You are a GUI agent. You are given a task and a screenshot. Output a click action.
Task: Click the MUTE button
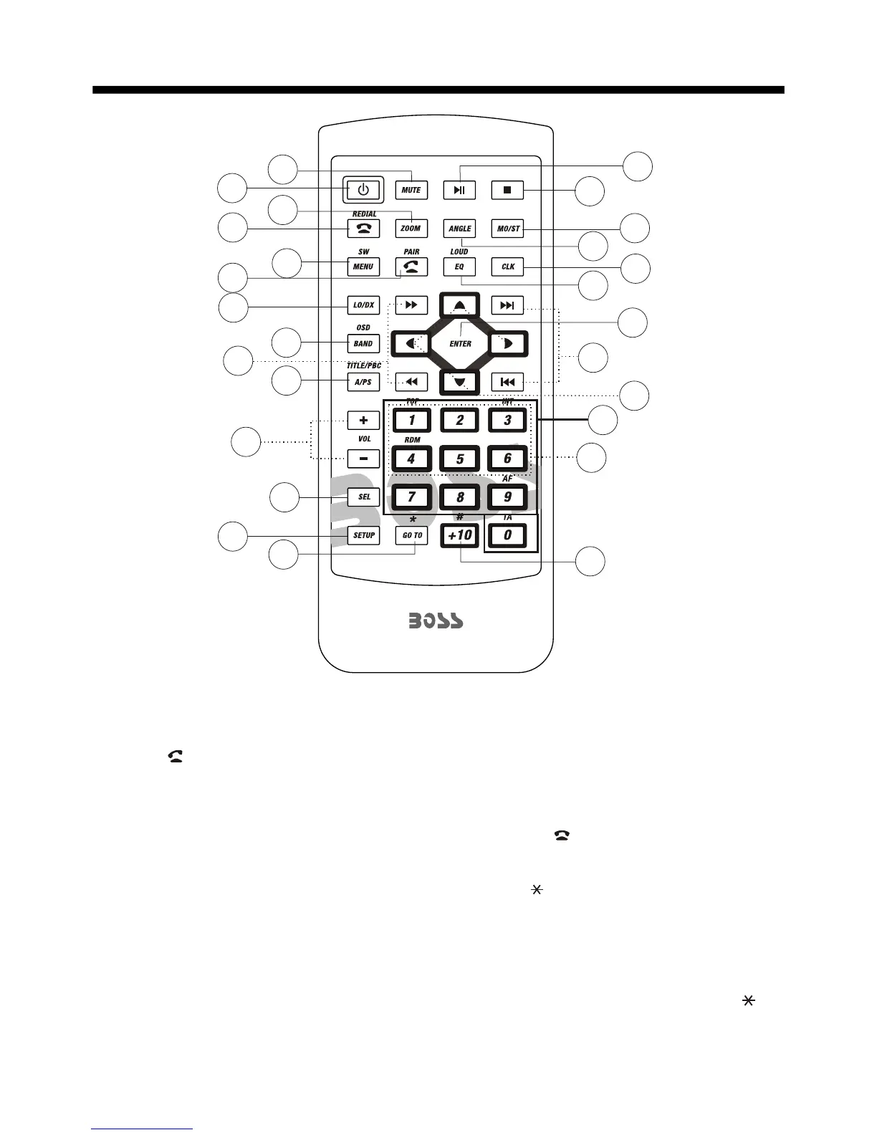(411, 190)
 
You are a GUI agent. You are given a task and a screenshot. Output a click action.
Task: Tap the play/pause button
(459, 190)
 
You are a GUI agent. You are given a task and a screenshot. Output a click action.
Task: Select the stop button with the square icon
(507, 190)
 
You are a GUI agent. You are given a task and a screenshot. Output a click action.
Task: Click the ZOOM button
(411, 229)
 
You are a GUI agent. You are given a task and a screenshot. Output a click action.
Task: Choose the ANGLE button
(459, 229)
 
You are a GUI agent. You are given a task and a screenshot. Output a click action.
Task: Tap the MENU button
(363, 267)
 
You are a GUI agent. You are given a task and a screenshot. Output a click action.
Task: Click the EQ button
(459, 267)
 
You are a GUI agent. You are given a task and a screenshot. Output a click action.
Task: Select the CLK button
(507, 267)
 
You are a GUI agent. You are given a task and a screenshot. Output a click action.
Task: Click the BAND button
(363, 343)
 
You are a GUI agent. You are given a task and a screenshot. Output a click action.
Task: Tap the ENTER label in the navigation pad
(460, 344)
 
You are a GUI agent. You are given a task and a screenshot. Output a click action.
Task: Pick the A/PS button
(363, 382)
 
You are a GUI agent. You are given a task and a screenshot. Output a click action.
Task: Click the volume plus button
(363, 420)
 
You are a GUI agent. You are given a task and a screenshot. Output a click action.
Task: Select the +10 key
(459, 535)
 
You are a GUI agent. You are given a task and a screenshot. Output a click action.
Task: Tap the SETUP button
(363, 535)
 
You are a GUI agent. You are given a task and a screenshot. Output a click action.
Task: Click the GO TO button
(412, 535)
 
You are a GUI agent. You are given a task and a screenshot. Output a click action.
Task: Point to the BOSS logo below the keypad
(436, 621)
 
